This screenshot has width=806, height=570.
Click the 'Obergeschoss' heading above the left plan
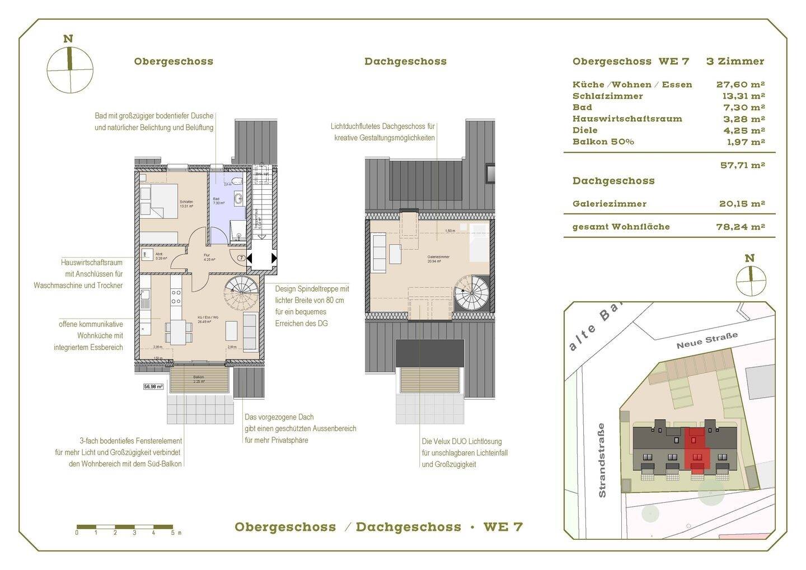tap(174, 62)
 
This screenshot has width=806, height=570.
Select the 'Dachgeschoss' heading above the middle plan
tap(405, 62)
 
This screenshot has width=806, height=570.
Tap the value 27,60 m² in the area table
tap(741, 85)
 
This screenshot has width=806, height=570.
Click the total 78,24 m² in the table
tap(742, 227)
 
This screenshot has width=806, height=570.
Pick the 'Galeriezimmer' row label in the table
tap(609, 204)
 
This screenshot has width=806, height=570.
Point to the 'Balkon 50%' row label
tap(603, 142)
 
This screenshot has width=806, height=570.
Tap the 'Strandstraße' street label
tap(602, 460)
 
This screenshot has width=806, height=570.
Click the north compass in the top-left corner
tap(69, 70)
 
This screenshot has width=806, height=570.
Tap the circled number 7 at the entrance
tap(240, 258)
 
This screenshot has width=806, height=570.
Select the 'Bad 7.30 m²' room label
tap(218, 201)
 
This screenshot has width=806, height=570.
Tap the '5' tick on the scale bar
tap(173, 533)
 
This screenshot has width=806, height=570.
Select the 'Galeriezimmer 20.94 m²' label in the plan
tap(438, 259)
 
